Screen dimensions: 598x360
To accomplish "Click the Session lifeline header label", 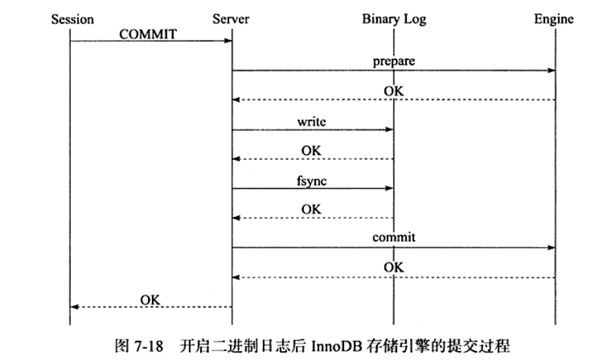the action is click(x=72, y=19).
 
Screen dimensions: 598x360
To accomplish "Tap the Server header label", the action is click(x=231, y=19).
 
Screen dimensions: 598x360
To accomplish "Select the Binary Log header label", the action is click(x=394, y=19).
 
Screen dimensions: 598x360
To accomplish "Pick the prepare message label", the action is click(x=394, y=61).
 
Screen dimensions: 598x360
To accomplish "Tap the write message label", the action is click(x=311, y=121).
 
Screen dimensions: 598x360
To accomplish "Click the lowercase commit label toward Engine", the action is click(x=394, y=237).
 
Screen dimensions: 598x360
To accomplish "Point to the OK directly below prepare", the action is click(x=394, y=91).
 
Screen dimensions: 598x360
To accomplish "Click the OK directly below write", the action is click(x=311, y=150).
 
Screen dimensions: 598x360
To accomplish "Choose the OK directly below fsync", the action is click(x=311, y=208).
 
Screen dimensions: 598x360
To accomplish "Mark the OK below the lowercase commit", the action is click(x=394, y=268).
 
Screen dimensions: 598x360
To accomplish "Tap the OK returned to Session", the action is click(x=150, y=299).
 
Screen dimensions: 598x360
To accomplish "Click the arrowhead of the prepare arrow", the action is click(x=552, y=70).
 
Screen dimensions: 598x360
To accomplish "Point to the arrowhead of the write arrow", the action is click(x=390, y=129).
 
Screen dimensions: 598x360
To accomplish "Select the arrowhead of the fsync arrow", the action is click(x=390, y=188).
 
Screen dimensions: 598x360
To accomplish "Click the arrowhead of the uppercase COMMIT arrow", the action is click(x=228, y=41).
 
